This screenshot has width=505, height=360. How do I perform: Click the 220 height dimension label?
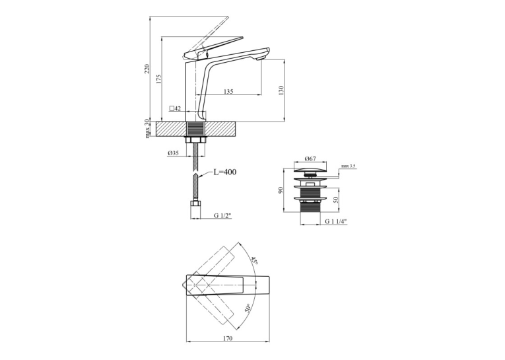(147, 69)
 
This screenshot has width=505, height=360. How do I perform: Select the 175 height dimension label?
(158, 79)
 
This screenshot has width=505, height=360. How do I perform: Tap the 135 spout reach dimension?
(228, 92)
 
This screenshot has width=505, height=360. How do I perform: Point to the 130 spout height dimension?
(281, 90)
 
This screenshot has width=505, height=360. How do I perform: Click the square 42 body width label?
(176, 108)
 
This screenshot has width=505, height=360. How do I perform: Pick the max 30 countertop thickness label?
(147, 129)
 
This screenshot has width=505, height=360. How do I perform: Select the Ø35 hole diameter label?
(173, 153)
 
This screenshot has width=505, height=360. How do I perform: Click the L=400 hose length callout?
(225, 172)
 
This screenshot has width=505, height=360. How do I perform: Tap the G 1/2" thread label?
(223, 215)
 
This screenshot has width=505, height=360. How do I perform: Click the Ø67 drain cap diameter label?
(310, 159)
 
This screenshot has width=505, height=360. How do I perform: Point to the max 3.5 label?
(348, 166)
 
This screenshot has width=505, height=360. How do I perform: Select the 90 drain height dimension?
(281, 190)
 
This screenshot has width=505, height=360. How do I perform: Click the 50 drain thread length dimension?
(336, 200)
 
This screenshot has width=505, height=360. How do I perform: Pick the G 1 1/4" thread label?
(335, 221)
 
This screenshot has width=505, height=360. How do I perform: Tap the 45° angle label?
(255, 261)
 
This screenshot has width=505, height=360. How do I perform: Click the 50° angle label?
(248, 308)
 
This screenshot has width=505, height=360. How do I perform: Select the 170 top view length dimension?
(227, 338)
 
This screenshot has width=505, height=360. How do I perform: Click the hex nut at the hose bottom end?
(195, 204)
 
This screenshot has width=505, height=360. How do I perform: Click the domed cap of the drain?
(310, 170)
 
